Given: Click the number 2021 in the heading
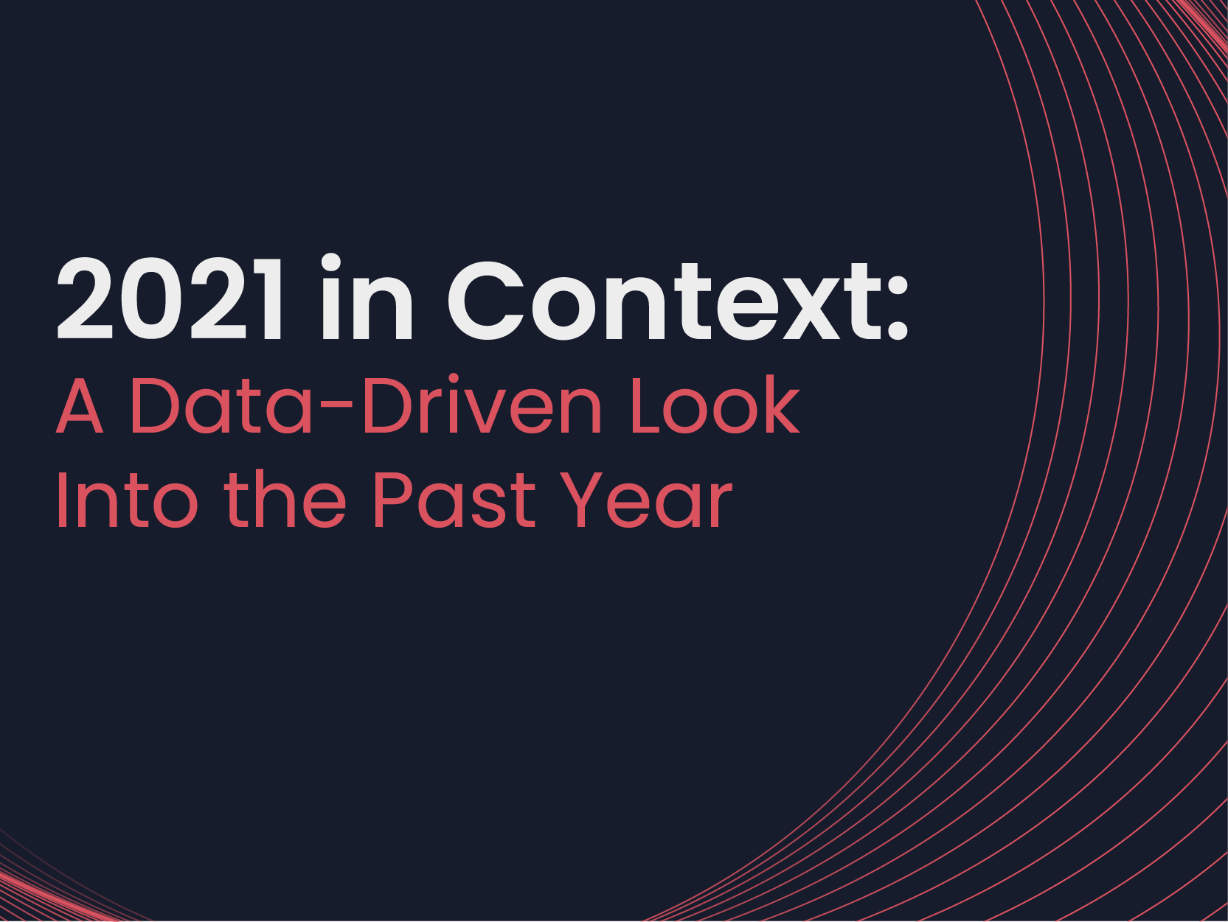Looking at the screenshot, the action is tap(169, 298).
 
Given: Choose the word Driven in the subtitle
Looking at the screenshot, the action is tap(482, 403).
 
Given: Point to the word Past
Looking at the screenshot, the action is tap(455, 499).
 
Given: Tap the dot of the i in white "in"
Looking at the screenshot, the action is tap(331, 262).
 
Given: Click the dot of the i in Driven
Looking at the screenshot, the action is tap(454, 378).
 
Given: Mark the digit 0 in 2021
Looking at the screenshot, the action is tap(151, 298).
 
